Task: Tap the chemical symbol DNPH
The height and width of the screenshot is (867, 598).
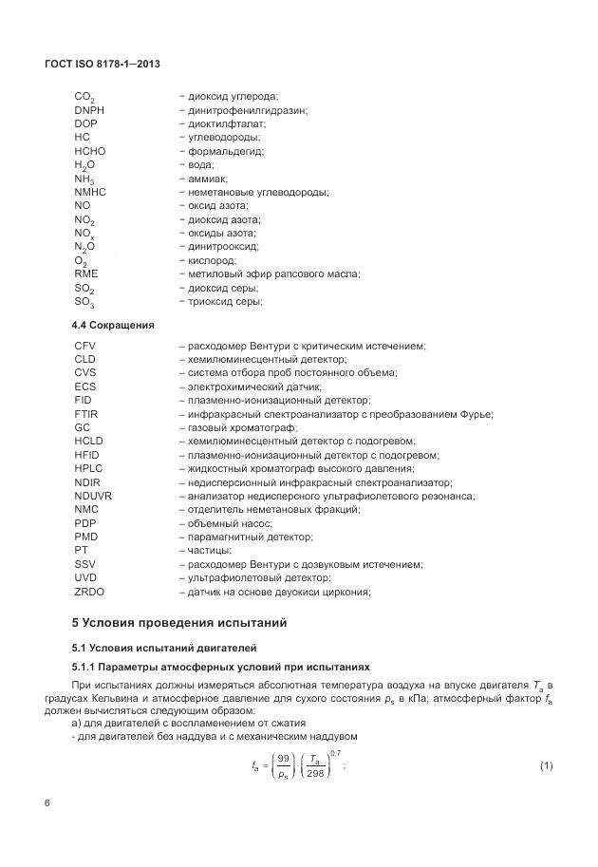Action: [x=89, y=110]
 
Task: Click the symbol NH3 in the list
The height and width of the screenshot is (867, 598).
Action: [x=84, y=179]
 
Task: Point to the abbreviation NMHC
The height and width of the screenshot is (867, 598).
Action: [x=90, y=192]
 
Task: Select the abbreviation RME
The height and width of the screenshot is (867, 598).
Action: [x=85, y=273]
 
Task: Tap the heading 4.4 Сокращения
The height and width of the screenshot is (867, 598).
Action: [x=113, y=325]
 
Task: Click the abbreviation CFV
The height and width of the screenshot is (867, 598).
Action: [x=85, y=346]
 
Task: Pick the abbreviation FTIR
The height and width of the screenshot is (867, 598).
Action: [x=86, y=414]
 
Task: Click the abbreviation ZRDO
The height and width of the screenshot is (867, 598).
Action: [x=89, y=592]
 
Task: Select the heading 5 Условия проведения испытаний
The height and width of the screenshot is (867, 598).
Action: [x=178, y=623]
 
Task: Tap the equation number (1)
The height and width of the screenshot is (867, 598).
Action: [x=546, y=765]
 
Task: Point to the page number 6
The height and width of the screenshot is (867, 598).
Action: [x=47, y=803]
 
